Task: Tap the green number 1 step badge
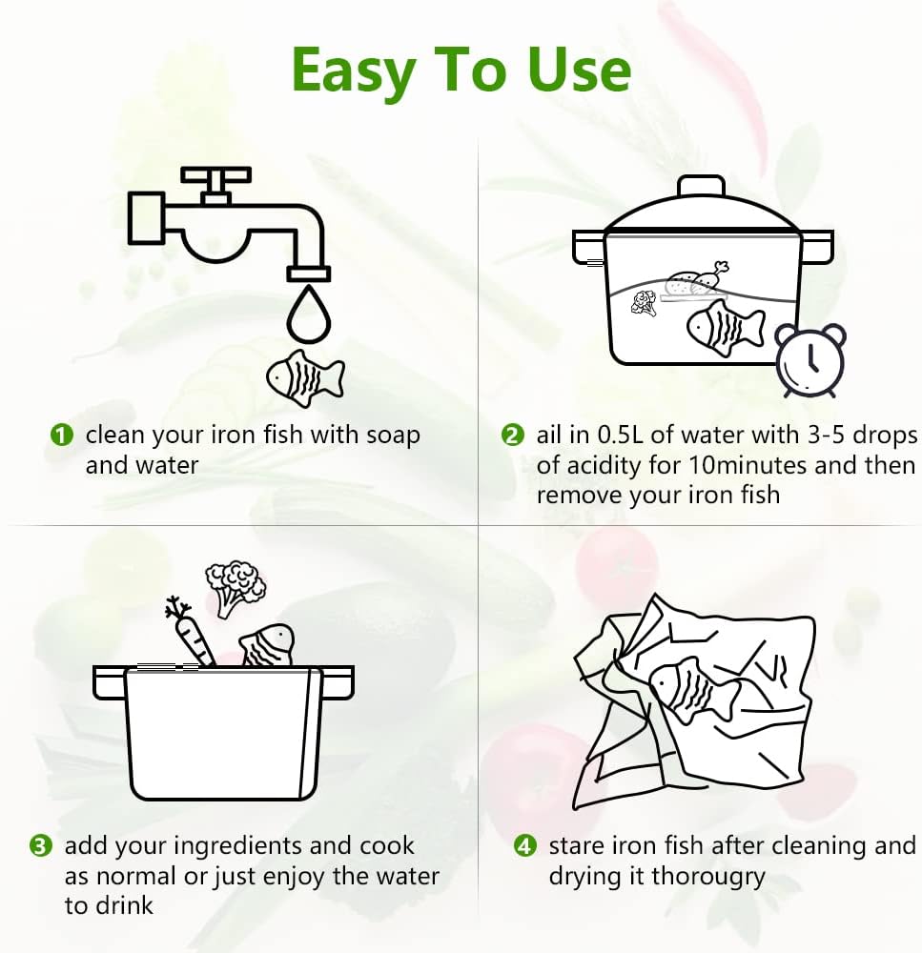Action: pyautogui.click(x=61, y=436)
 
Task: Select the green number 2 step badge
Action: pyautogui.click(x=512, y=436)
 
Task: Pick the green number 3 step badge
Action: pyautogui.click(x=41, y=846)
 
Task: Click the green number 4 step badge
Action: pyautogui.click(x=524, y=846)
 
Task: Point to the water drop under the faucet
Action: pyautogui.click(x=308, y=315)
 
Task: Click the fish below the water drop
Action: pyautogui.click(x=305, y=378)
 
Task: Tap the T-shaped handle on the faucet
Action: pyautogui.click(x=215, y=183)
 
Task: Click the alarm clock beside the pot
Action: pyautogui.click(x=810, y=360)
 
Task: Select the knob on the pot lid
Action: pyautogui.click(x=701, y=186)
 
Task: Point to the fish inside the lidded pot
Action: pyautogui.click(x=726, y=328)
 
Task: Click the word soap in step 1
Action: pyautogui.click(x=393, y=436)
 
